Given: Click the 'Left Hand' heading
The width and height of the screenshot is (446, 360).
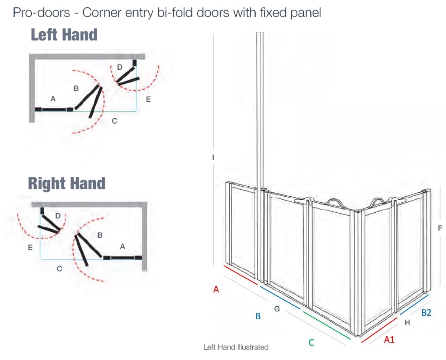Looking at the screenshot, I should click(x=64, y=35).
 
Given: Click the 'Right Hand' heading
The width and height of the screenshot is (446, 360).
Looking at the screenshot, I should click(x=67, y=183).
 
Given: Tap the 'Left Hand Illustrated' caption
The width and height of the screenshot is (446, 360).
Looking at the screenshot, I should click(x=236, y=347).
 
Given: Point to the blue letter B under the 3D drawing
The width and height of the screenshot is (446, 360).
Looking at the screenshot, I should click(x=258, y=316).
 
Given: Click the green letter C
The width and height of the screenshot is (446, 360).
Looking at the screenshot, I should click(x=311, y=343).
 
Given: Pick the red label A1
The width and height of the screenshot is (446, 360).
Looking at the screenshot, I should click(x=389, y=340).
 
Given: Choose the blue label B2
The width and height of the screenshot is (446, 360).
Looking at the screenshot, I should click(x=426, y=312).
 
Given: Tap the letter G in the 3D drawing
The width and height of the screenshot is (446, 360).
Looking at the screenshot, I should click(x=277, y=308).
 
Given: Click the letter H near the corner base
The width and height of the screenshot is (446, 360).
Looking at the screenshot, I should click(x=407, y=322).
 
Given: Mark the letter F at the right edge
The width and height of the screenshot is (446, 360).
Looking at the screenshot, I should click(x=440, y=228).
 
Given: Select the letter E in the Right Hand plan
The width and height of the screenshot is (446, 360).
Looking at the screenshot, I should click(x=30, y=248).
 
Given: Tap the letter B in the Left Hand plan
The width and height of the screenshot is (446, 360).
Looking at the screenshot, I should click(x=76, y=88).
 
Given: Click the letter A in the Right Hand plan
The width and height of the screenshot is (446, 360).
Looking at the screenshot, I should click(x=123, y=246).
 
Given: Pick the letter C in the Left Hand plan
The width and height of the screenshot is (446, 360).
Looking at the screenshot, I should click(x=114, y=121).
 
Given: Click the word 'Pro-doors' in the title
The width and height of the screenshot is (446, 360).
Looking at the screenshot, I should click(x=42, y=13).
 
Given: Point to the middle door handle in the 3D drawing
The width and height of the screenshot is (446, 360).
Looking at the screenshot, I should click(x=335, y=201).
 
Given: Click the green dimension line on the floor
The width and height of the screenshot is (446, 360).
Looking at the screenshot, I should click(x=327, y=325).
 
